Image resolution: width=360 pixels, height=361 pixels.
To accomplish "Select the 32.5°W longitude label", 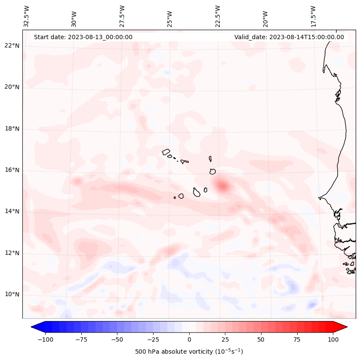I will click(x=27, y=17).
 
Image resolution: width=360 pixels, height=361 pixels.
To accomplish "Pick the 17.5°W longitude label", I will click(x=313, y=17).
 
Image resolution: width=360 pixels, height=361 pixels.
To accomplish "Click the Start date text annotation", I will click(x=83, y=37).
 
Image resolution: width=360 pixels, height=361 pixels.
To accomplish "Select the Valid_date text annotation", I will click(x=289, y=37).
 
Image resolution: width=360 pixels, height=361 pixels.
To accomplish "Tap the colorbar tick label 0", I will click(x=189, y=339).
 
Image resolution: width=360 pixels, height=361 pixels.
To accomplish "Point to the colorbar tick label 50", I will click(x=261, y=339).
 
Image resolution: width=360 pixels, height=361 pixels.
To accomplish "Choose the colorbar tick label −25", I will click(x=153, y=339).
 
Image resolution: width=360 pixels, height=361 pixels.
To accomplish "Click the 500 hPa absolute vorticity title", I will click(x=189, y=352).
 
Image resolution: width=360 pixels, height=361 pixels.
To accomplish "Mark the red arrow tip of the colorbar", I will click(x=346, y=327).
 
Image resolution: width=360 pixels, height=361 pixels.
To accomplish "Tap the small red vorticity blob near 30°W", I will click(x=77, y=181).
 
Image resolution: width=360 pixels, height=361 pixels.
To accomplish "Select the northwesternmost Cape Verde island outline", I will click(x=166, y=152).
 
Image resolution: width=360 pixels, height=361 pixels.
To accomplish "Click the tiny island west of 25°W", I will click(x=175, y=198).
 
